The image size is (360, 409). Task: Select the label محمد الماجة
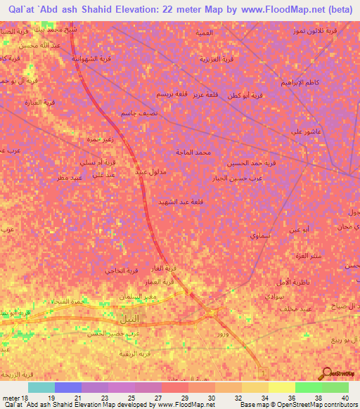pos(194,152)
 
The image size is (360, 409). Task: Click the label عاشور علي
pos(307,131)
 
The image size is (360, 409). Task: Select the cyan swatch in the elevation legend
pos(41,387)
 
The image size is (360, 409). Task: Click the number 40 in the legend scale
pos(344,398)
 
